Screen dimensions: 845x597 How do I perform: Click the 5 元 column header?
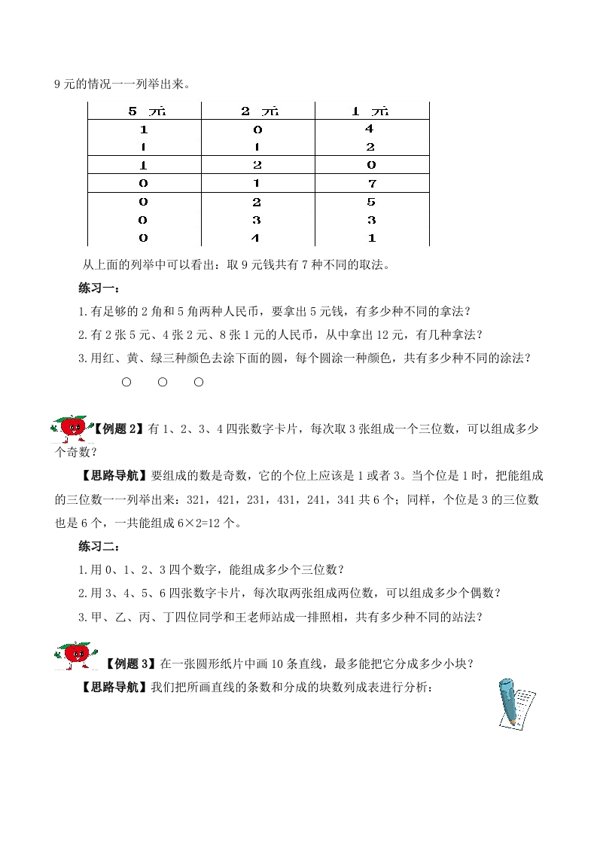point(145,111)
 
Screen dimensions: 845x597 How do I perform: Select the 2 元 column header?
point(258,111)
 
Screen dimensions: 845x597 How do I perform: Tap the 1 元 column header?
point(371,111)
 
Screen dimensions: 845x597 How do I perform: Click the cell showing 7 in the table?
point(371,184)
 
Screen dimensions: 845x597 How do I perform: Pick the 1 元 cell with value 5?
point(371,202)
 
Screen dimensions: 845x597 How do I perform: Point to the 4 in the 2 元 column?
point(258,238)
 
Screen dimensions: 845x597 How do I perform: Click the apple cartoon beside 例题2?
point(72,429)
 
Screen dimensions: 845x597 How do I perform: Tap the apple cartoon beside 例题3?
point(75,652)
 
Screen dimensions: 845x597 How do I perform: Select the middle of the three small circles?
point(163,382)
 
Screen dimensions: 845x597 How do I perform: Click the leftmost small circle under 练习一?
point(126,382)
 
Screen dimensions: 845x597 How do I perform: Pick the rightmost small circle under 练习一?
point(199,382)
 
